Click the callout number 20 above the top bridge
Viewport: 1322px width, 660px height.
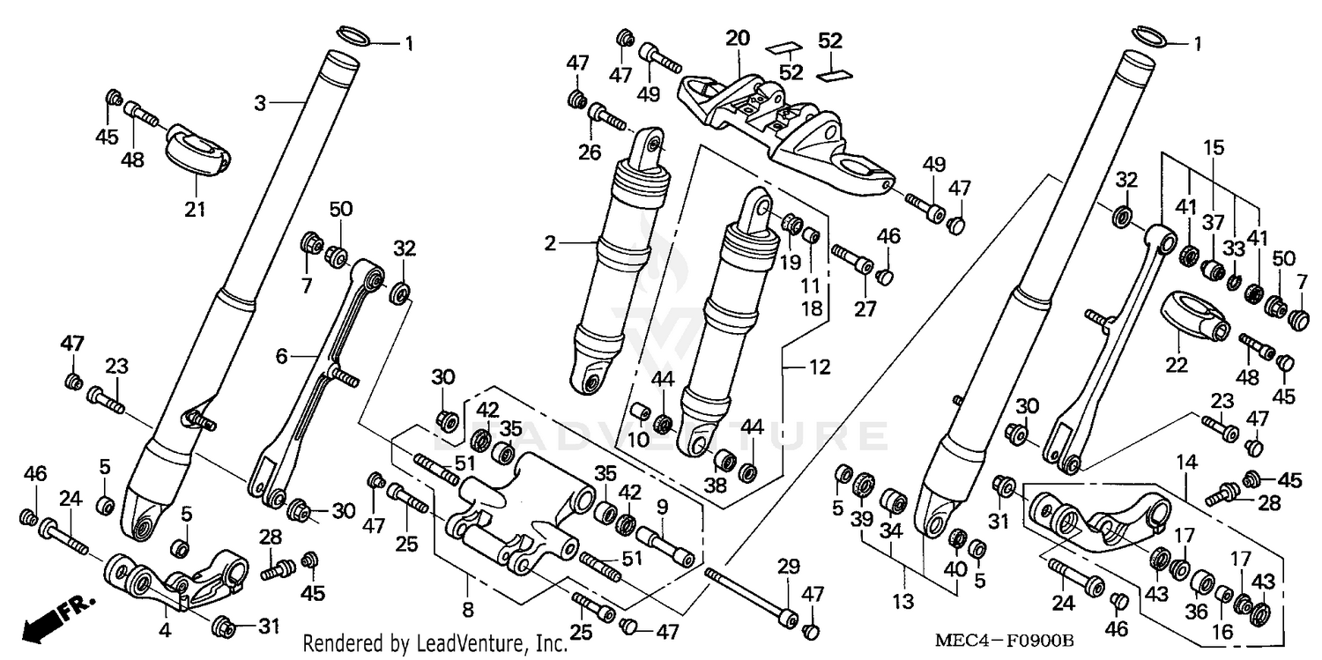tap(737, 38)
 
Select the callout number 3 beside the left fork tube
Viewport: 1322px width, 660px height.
tap(259, 103)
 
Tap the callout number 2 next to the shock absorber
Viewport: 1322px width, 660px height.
tap(550, 243)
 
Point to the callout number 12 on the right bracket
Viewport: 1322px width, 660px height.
tap(820, 367)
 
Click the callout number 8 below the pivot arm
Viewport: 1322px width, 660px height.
tap(467, 609)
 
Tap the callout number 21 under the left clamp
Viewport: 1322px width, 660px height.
tap(194, 209)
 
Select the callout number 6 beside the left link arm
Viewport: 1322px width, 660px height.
tap(281, 356)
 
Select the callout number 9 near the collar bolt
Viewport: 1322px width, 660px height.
tap(662, 507)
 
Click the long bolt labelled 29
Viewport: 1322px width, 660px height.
tap(749, 595)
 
